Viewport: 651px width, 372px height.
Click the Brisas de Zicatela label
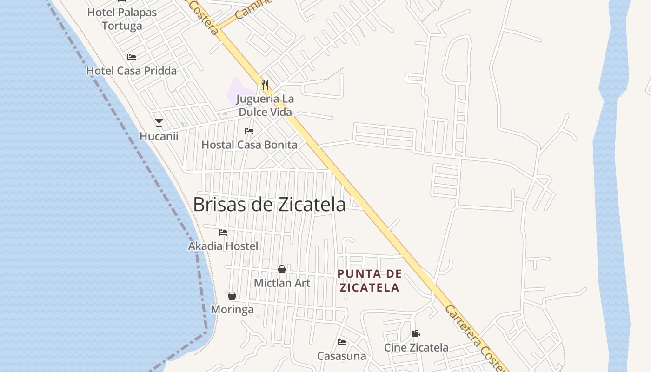(269, 205)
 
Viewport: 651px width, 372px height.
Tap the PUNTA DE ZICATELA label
(369, 280)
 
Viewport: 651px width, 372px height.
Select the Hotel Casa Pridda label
(132, 71)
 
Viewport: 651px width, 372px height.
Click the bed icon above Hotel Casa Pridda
(132, 57)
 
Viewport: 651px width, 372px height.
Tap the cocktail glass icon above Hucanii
(159, 123)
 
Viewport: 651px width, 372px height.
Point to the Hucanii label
(159, 136)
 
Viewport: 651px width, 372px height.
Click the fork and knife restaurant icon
(265, 85)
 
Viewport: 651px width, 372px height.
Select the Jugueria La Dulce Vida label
(265, 106)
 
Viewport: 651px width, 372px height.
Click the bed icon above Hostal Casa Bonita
(249, 131)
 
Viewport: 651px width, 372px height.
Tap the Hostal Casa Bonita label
(249, 145)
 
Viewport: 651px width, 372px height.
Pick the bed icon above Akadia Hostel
(223, 232)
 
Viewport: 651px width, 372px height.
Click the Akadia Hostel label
(223, 246)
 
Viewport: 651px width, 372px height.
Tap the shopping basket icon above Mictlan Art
(282, 269)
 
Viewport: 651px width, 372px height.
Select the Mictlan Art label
(282, 283)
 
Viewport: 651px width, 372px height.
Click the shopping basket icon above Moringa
(232, 296)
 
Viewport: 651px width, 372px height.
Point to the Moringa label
(232, 309)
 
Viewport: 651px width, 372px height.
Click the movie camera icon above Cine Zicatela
(416, 334)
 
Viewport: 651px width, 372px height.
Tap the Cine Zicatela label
(416, 347)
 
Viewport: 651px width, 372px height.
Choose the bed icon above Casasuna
(342, 342)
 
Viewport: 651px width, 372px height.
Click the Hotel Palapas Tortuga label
(122, 19)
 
